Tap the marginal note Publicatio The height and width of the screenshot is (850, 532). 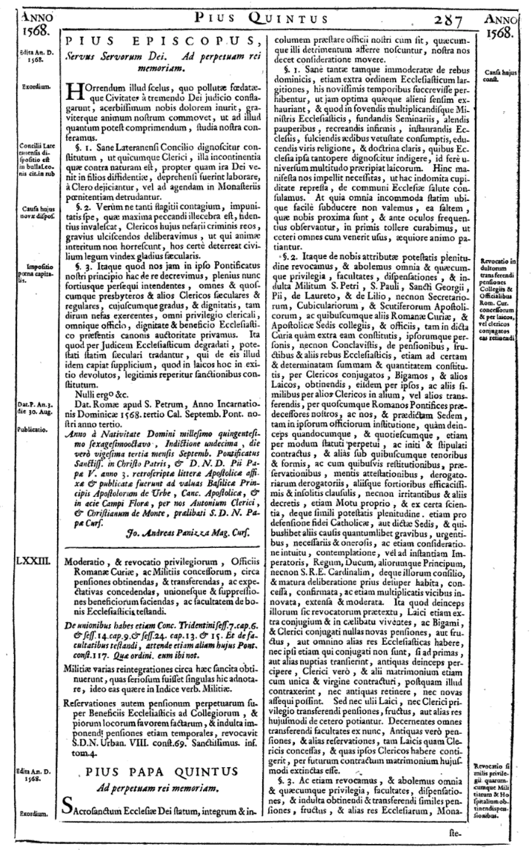point(30,429)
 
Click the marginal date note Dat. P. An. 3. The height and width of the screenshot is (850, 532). point(30,408)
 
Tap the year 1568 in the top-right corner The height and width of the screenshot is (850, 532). point(504,33)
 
